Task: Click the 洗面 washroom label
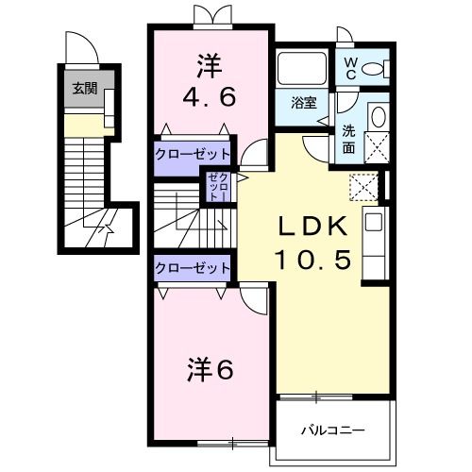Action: tap(348, 141)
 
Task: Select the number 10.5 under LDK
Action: tap(313, 257)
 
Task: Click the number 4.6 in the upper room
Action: tap(210, 96)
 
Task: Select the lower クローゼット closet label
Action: tap(192, 267)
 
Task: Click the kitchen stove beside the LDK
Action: tap(372, 230)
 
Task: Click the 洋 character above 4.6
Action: tap(210, 65)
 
